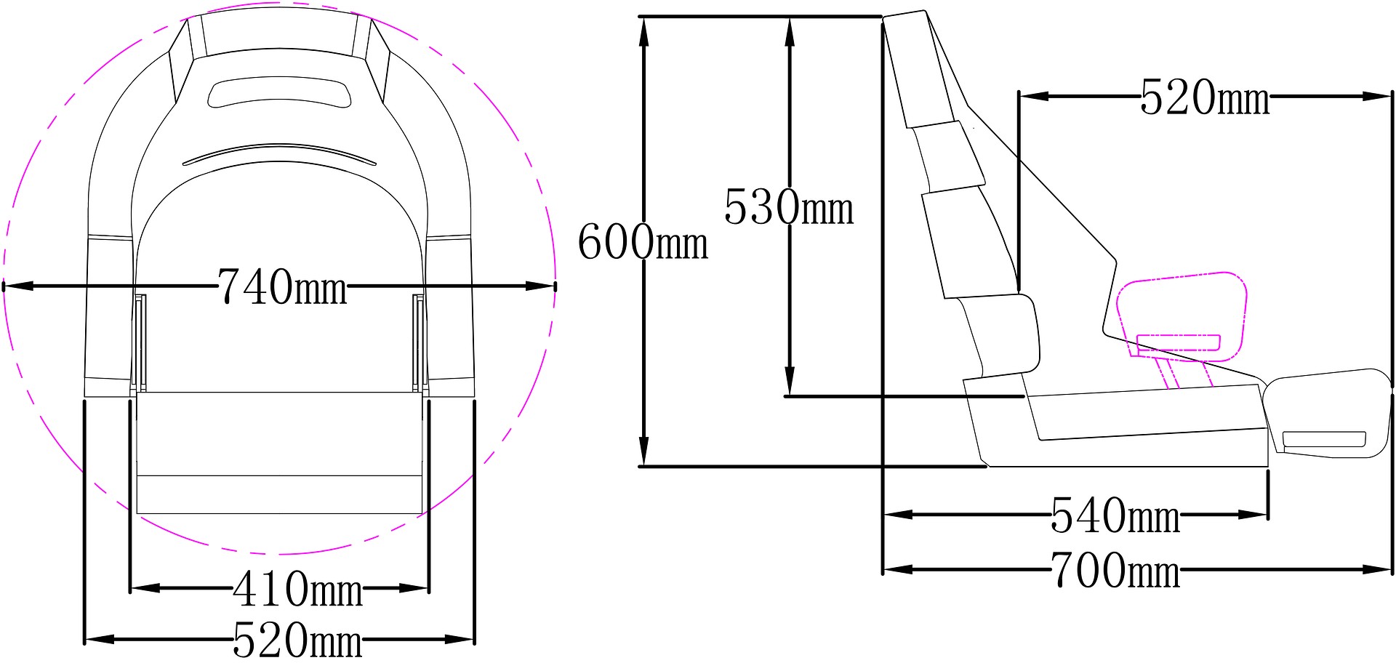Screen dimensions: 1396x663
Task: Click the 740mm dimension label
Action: (283, 286)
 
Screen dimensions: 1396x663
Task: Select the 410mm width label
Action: (297, 589)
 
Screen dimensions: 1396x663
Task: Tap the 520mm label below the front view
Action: (297, 640)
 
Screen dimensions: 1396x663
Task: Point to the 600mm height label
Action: (643, 241)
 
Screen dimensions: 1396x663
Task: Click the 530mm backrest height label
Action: (789, 206)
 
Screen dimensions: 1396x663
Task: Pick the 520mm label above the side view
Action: (1205, 97)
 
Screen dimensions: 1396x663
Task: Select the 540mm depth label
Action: (1115, 515)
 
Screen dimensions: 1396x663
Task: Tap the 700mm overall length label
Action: (1115, 570)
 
